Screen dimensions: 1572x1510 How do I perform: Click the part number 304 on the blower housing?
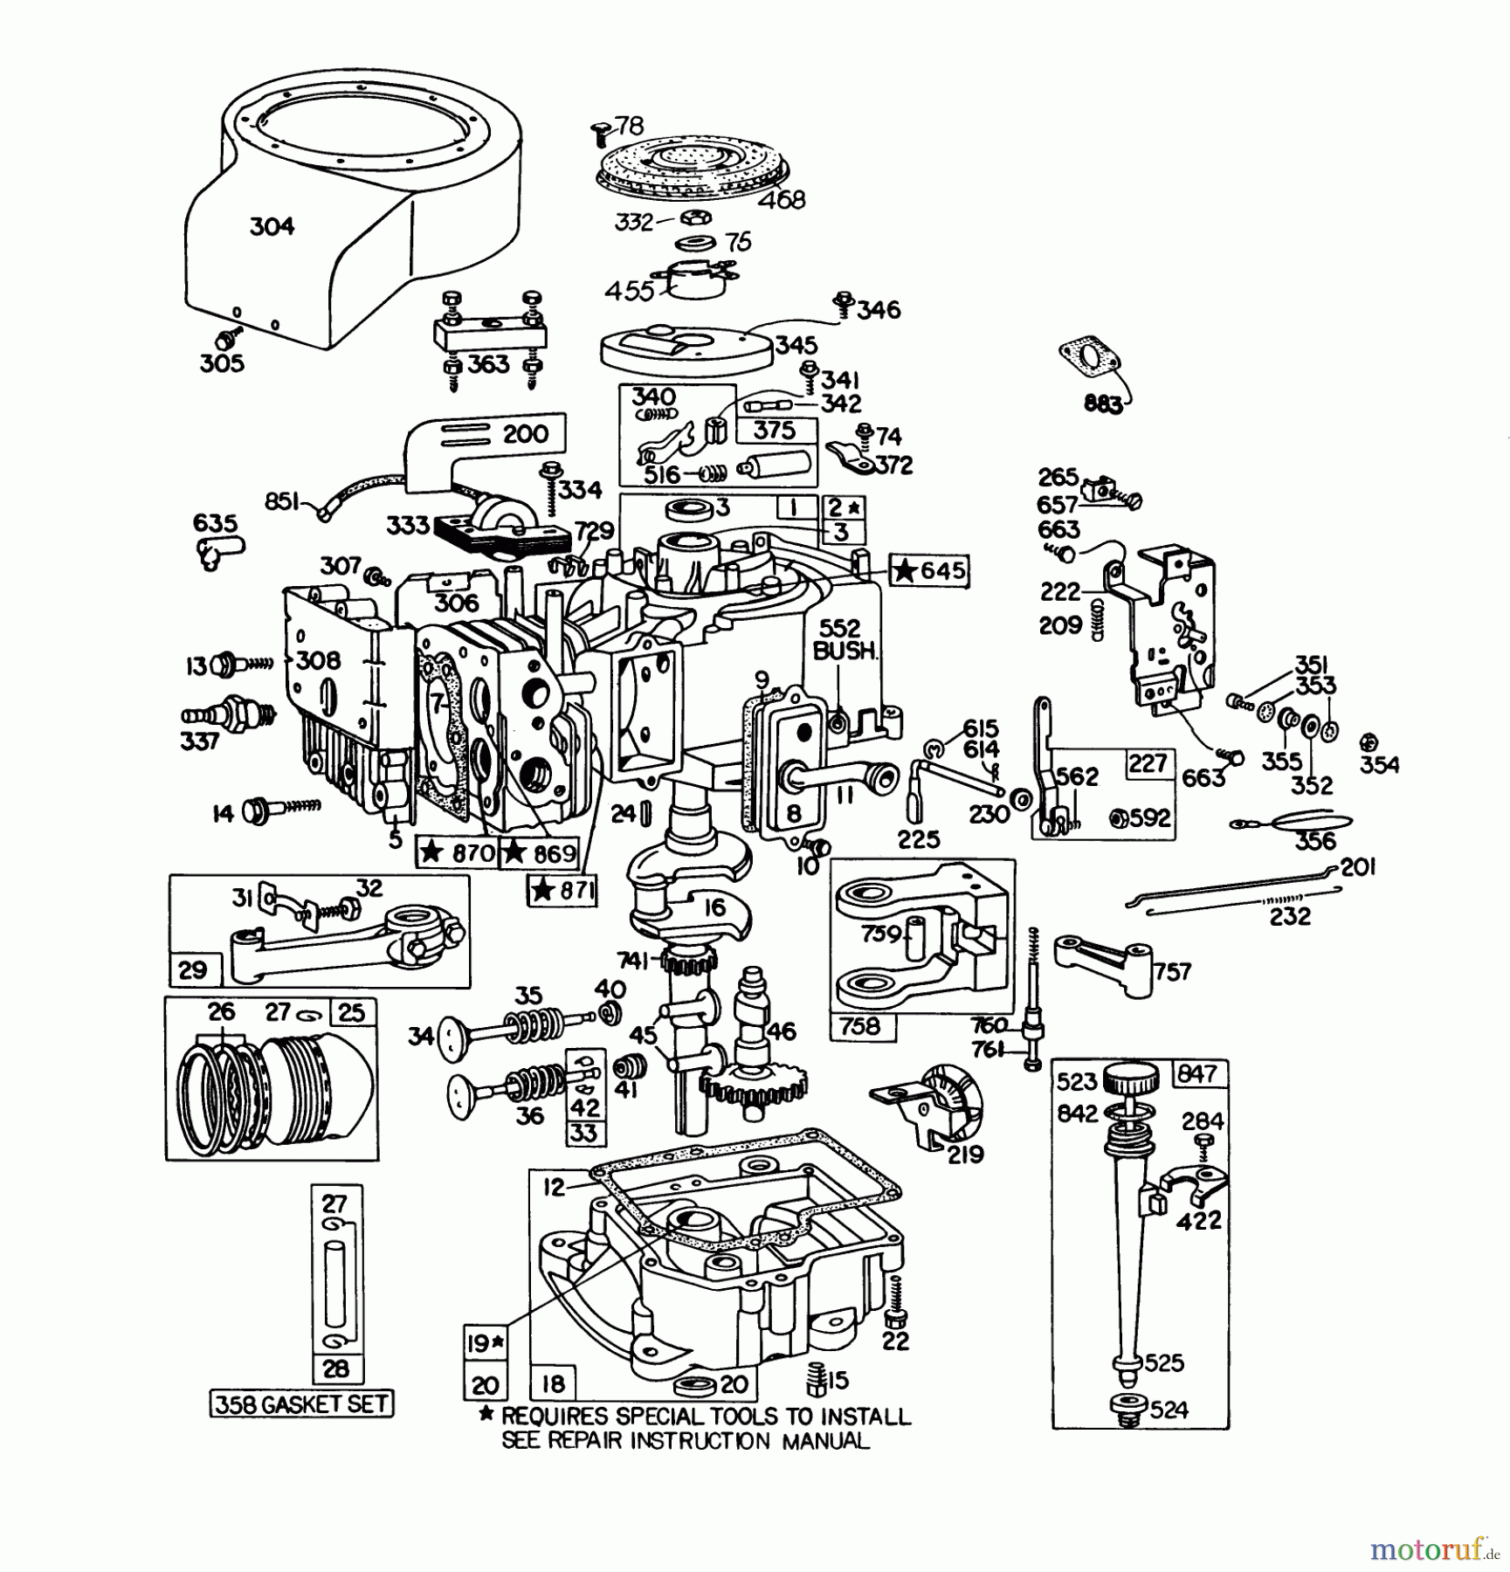pyautogui.click(x=272, y=227)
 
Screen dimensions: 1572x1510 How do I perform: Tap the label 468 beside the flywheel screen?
pyautogui.click(x=782, y=200)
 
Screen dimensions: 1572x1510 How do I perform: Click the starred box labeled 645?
pyautogui.click(x=929, y=571)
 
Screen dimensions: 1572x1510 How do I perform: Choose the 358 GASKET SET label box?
pyautogui.click(x=301, y=1404)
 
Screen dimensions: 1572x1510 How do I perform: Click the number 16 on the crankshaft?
pyautogui.click(x=714, y=907)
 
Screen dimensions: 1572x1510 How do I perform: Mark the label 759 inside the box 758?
pyautogui.click(x=880, y=934)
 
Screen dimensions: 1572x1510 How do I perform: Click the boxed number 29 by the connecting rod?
pyautogui.click(x=192, y=969)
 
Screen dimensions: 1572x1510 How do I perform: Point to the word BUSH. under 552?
pyautogui.click(x=843, y=651)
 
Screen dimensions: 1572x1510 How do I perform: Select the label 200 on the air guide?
pyautogui.click(x=526, y=434)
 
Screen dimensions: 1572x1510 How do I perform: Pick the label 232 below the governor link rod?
pyautogui.click(x=1290, y=916)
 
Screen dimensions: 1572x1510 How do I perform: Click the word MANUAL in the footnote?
pyautogui.click(x=825, y=1441)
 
